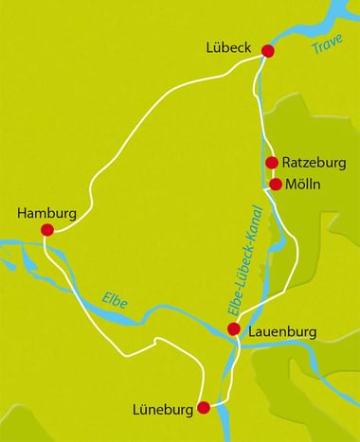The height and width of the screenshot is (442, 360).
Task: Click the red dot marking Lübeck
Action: point(267,51)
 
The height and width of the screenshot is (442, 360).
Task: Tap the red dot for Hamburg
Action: point(46,229)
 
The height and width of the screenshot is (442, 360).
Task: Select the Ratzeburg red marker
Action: point(271,163)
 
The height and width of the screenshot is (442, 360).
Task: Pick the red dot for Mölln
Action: point(276,185)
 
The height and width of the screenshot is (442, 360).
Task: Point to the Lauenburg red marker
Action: point(233,329)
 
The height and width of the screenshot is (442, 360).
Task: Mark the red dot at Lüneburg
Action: point(203,408)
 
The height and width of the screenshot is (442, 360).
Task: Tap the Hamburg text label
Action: point(46,213)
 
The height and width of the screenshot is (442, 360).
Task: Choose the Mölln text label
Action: point(304,185)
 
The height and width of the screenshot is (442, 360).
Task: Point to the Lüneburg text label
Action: point(163,410)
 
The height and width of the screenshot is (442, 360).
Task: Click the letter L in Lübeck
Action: point(210,45)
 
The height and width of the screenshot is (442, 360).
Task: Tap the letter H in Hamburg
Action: point(21,213)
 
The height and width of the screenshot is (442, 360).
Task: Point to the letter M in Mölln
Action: point(288,185)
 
